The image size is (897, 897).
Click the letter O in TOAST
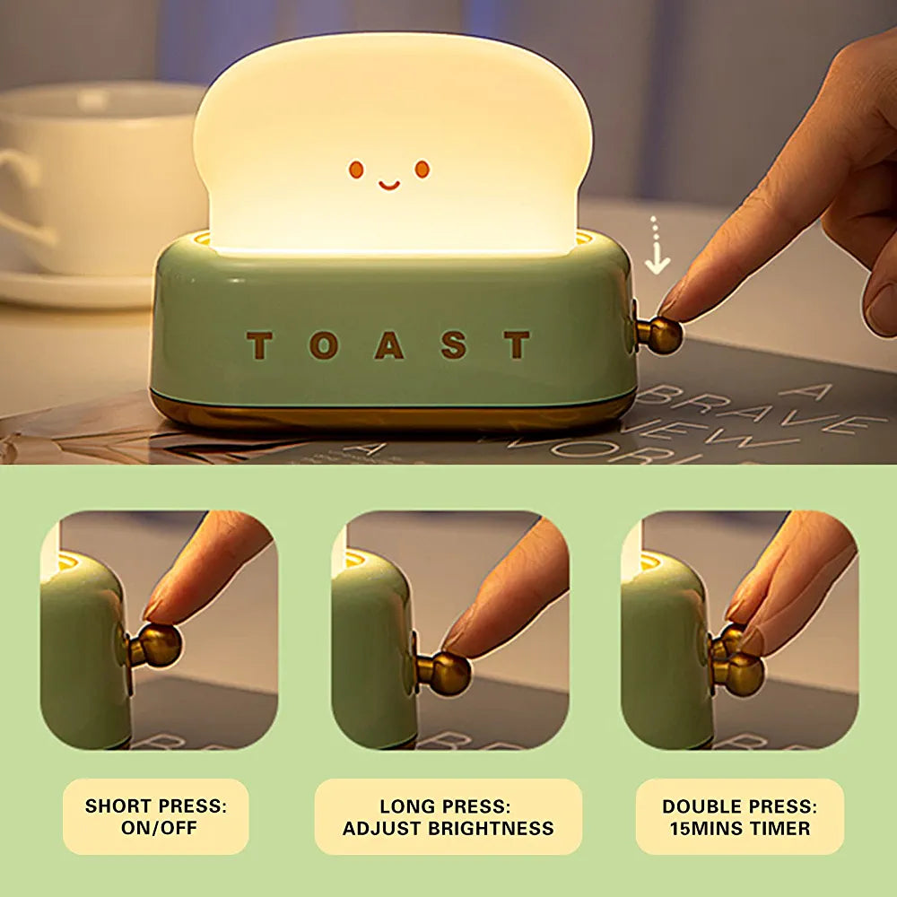click(x=324, y=345)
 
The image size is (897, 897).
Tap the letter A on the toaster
click(x=389, y=345)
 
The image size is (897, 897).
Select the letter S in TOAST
click(x=454, y=345)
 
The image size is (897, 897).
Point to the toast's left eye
click(x=356, y=170)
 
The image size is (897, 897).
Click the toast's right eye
click(x=422, y=169)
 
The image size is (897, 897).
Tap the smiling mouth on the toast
click(x=389, y=186)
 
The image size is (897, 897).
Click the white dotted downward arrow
click(x=657, y=245)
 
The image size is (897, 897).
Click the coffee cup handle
click(x=23, y=195)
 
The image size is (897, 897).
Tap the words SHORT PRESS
click(x=155, y=806)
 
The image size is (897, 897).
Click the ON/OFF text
click(x=159, y=828)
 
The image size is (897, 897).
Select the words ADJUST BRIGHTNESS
click(x=448, y=828)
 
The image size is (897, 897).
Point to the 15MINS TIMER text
click(x=740, y=828)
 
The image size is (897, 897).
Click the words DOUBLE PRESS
click(x=740, y=806)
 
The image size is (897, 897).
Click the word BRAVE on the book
click(x=755, y=410)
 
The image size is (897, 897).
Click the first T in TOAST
click(x=259, y=345)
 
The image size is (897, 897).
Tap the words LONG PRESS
click(x=445, y=806)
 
